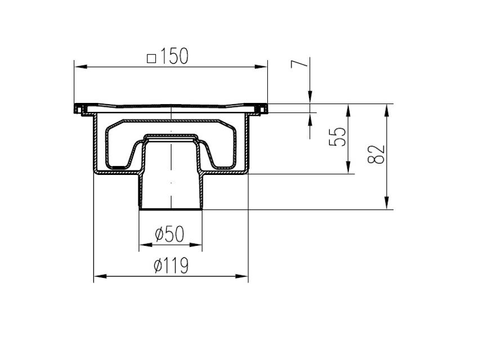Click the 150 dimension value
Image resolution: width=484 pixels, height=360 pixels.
pos(174,56)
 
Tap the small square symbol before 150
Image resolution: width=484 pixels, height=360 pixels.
pos(151,58)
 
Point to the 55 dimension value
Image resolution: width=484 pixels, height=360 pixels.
pos(337,136)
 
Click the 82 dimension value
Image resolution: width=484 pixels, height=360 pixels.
pos(376,154)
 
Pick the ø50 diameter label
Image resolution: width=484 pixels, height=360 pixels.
pos(169,234)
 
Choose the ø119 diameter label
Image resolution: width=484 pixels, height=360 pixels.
pos(171,265)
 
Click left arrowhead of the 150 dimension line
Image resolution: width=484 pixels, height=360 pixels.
pos(80,66)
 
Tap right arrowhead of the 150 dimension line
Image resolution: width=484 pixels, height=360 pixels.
pos(261,66)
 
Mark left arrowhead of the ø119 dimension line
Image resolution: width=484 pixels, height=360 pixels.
pos(100,276)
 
